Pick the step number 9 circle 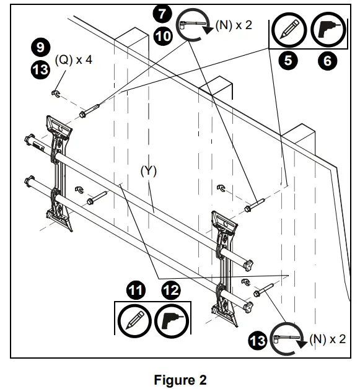point(38,47)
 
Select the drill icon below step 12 point(171,321)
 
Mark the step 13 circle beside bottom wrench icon point(258,339)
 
